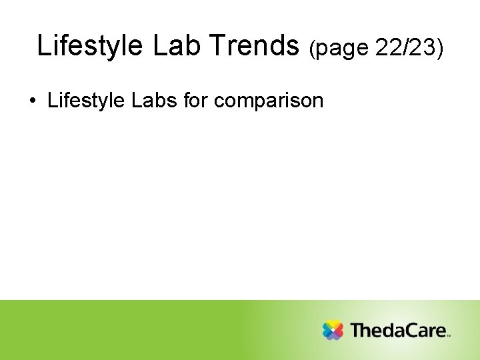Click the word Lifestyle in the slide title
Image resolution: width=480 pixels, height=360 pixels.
(90, 46)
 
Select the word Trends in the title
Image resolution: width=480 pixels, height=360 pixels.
(255, 46)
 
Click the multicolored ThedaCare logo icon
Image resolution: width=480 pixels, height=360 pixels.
(333, 330)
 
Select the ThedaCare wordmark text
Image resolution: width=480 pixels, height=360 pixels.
(398, 330)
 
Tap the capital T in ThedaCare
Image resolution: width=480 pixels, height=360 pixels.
(357, 330)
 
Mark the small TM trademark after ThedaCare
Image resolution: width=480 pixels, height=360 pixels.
(449, 336)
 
